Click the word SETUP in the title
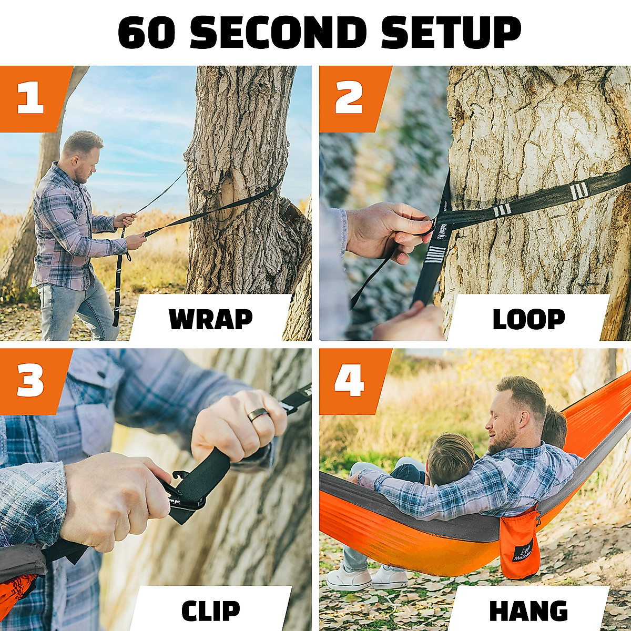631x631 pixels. (451, 33)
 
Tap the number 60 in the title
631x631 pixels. (147, 33)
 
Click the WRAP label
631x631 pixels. (210, 319)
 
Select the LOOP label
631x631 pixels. (528, 319)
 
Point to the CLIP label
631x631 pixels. (210, 610)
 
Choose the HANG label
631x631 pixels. (528, 610)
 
